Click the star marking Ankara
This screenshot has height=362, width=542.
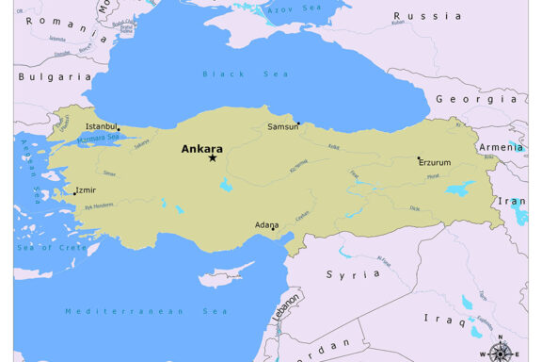213,157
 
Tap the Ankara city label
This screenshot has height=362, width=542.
202,147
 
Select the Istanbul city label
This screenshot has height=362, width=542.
102,125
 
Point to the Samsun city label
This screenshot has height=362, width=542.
282,126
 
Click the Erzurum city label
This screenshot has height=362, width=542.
435,162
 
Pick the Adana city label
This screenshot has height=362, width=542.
267,225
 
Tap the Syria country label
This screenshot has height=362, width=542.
341,274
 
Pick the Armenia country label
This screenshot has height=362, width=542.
500,147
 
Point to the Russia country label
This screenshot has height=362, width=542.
427,16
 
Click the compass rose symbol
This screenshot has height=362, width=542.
502,353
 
